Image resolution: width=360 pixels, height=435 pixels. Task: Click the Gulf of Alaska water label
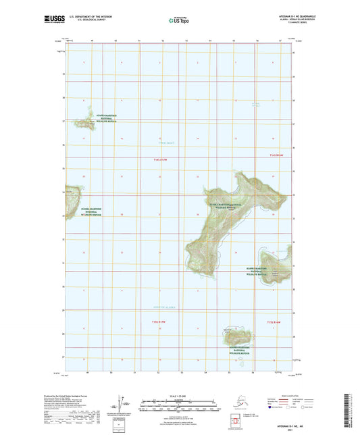point(165,307)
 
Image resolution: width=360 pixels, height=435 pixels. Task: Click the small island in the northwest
point(84,122)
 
